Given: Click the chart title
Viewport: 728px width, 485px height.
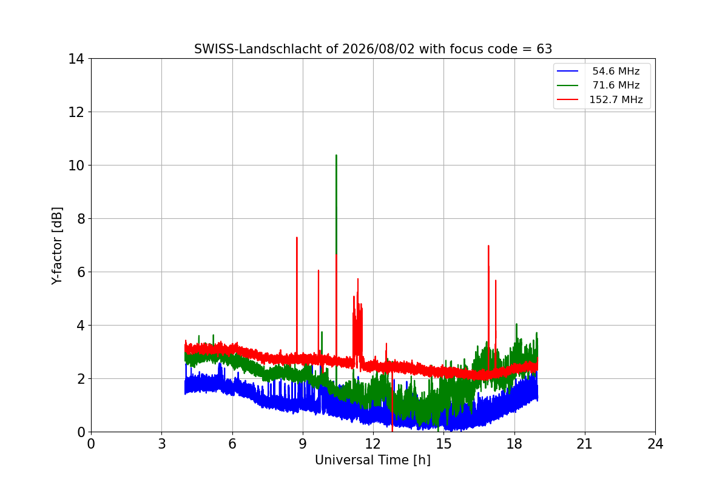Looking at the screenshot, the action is coord(372,49).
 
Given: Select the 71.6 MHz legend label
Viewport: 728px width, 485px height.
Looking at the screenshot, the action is coord(616,85).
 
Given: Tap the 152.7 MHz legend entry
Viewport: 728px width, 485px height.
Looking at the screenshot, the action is coord(599,99).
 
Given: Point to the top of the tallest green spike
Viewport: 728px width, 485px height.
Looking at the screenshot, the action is coord(336,155).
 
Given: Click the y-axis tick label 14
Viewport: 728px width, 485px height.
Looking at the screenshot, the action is coord(76,59).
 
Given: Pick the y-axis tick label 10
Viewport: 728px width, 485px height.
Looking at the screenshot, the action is coord(76,166).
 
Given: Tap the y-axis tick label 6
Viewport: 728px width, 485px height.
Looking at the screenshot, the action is coord(81,272).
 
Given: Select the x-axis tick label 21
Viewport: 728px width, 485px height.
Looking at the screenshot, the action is coord(585,444).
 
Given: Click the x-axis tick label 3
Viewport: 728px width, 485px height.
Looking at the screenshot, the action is coord(162,444).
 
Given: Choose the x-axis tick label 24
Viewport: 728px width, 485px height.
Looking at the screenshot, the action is coord(655,444).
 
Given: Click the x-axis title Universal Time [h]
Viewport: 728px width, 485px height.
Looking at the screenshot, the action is coord(372,460).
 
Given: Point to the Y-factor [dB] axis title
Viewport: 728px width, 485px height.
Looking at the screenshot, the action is coord(56,246).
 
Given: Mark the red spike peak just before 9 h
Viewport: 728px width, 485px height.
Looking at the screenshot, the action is coord(297,238).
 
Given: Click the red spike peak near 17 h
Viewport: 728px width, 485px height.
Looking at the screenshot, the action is coord(488,246).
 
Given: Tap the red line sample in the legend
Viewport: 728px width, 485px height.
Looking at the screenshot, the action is coord(567,99).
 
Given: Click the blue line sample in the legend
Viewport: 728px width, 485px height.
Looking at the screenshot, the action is coord(567,71).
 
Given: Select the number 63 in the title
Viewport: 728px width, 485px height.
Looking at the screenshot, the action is coord(544,49).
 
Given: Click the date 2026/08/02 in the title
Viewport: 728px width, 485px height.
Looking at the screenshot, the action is coord(379,49).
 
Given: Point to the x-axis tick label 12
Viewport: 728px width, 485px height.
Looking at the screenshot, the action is coord(373,444).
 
